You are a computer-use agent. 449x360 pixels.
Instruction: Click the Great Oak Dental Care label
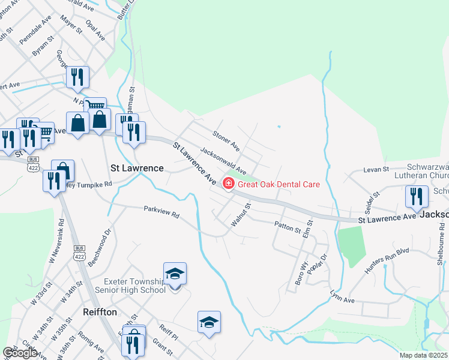click(x=279, y=184)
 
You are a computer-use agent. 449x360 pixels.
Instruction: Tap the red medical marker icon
click(x=229, y=184)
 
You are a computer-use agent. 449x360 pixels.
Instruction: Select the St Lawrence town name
click(x=137, y=168)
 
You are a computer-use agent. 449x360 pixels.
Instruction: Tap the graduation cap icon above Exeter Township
click(x=175, y=274)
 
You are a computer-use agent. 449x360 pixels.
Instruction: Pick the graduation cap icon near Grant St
click(x=209, y=322)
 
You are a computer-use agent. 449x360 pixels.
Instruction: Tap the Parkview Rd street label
click(x=161, y=213)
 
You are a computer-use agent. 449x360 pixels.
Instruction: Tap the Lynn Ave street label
click(x=342, y=296)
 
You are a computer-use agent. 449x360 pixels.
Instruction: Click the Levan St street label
click(x=377, y=170)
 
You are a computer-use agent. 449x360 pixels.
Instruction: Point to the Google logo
click(x=20, y=353)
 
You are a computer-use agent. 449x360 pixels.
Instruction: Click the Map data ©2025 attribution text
click(x=423, y=355)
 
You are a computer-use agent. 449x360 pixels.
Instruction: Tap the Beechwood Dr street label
click(x=100, y=246)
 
